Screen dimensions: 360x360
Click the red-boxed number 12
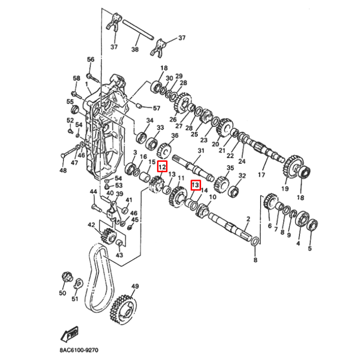162,167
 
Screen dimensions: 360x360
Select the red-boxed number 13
195,184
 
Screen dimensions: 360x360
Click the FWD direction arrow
70,333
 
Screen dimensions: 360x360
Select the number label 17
262,175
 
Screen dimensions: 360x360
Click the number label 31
201,151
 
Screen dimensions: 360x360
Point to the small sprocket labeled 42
108,237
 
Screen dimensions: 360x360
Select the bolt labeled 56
91,76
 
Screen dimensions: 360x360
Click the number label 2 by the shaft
248,219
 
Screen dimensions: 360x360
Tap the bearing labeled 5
312,223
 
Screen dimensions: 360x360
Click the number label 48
63,170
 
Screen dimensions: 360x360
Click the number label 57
156,108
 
